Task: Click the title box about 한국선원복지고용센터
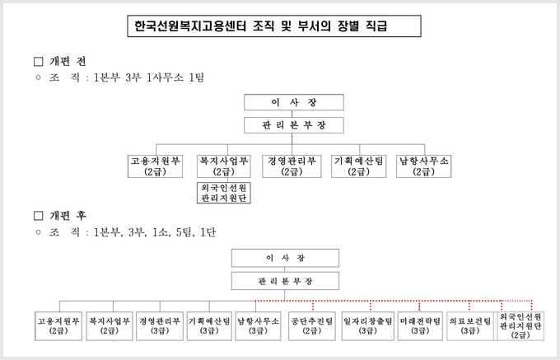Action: [274, 26]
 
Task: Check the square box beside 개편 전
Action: [38, 62]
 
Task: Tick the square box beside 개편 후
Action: [38, 216]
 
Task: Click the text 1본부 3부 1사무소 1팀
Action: [148, 77]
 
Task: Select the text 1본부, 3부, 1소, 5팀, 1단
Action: [155, 232]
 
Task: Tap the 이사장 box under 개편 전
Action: [294, 102]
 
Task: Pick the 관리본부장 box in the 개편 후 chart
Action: [285, 281]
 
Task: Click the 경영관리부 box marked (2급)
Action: [292, 166]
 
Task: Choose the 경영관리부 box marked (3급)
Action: [160, 325]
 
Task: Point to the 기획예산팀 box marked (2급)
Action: [358, 166]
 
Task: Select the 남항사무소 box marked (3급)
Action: [259, 325]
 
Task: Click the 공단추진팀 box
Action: [312, 325]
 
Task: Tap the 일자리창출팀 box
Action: [368, 325]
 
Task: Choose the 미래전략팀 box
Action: [420, 325]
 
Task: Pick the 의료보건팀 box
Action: [470, 325]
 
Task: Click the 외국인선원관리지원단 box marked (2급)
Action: [520, 325]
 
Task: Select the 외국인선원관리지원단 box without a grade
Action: [223, 193]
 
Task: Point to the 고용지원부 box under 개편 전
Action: [155, 166]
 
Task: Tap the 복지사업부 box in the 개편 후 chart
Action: [110, 325]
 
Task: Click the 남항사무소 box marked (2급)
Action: [423, 166]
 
